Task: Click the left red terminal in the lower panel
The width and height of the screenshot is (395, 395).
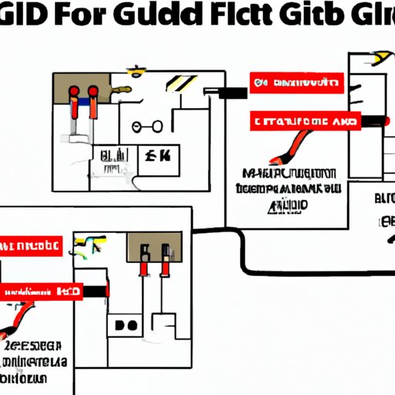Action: click(144, 264)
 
